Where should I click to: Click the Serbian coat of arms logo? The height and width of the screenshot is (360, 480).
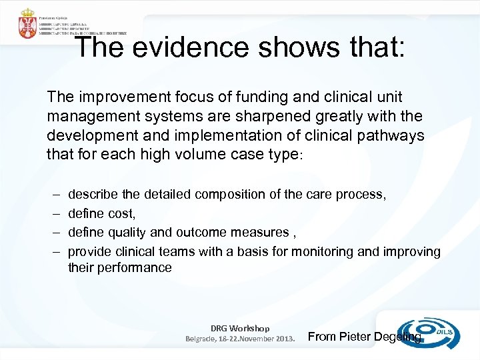(x=27, y=24)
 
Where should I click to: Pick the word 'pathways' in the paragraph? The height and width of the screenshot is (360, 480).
(x=395, y=136)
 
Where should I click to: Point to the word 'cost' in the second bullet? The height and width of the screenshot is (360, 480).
(x=123, y=213)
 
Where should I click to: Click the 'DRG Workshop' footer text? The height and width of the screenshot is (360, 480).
(x=240, y=328)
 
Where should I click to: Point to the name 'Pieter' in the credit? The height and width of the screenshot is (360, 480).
(x=355, y=337)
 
